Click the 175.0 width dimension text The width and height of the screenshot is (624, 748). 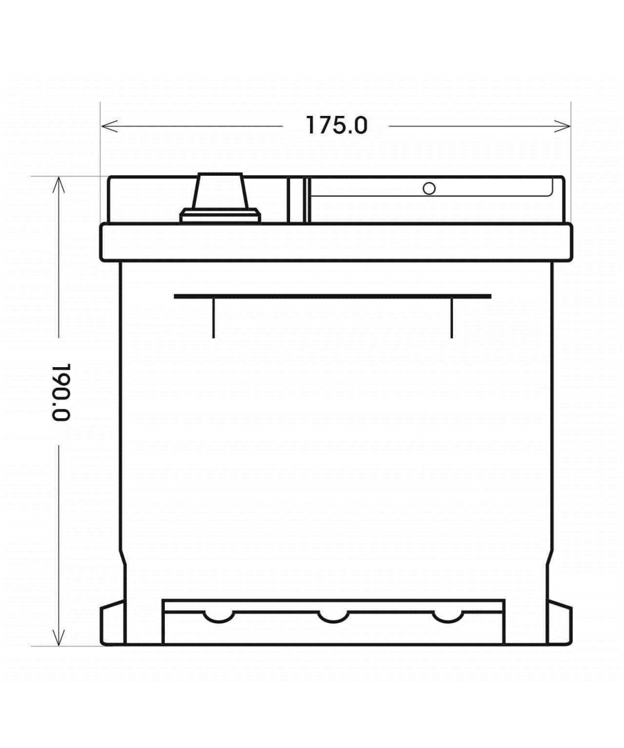coord(337,126)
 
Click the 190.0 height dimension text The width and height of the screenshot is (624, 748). coord(62,392)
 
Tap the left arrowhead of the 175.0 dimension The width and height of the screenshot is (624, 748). coord(109,126)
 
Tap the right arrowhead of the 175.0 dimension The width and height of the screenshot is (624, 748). coord(562,126)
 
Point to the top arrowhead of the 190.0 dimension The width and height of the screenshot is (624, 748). coord(59,185)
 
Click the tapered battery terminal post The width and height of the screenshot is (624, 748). coord(221,191)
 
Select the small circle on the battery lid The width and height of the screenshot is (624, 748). coord(429,188)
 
